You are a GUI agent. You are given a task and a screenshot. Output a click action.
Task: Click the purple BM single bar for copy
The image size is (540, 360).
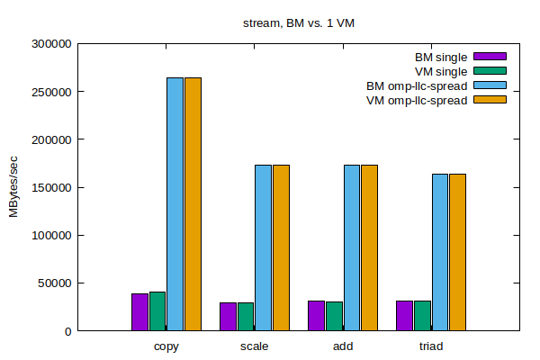coord(139,311)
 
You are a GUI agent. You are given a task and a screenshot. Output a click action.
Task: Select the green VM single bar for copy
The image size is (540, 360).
coord(157,310)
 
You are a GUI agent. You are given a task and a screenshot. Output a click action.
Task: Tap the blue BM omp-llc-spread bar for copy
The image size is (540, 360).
coord(175,203)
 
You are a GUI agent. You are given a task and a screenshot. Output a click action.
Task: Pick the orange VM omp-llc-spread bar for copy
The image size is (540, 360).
coord(193,203)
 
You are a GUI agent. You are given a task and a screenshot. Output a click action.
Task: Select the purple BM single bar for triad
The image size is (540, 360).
coord(404,315)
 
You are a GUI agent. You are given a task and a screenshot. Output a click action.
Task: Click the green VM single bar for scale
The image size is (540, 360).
coord(246,316)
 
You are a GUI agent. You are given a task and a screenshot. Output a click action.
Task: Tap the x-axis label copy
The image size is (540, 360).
coord(166,346)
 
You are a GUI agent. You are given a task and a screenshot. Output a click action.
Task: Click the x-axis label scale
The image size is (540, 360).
coord(254,346)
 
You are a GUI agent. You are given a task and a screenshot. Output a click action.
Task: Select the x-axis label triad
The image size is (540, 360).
coord(430,346)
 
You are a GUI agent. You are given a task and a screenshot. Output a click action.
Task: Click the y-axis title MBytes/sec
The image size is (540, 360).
coord(13,186)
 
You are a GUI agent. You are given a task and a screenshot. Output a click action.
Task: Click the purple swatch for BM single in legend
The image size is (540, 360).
coord(490,57)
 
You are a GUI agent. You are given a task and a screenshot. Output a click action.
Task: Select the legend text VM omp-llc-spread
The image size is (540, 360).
coord(417,100)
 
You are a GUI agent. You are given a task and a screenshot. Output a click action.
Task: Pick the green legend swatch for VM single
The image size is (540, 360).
coord(490,71)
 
